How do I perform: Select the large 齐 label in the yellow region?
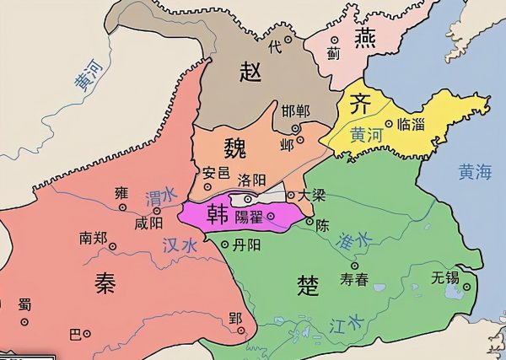tap(360, 105)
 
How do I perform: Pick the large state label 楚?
tap(309, 285)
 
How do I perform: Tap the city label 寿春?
tap(353, 280)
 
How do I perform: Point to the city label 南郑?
tap(93, 238)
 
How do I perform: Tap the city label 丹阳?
tap(245, 244)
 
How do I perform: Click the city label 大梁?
tap(312, 195)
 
